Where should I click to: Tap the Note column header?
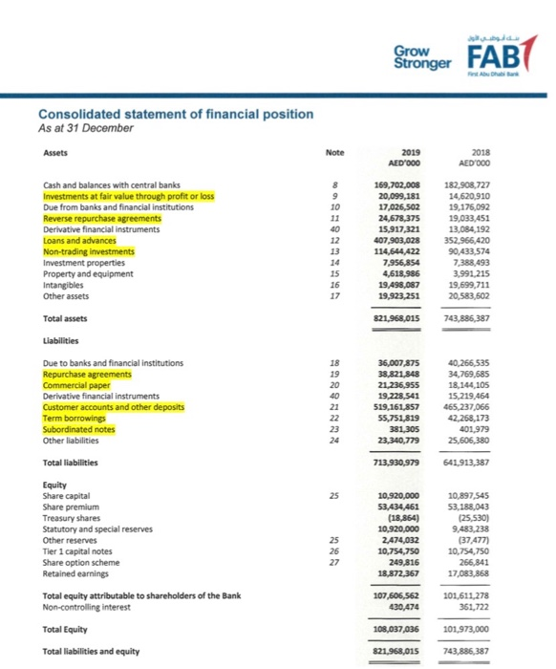(x=333, y=152)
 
